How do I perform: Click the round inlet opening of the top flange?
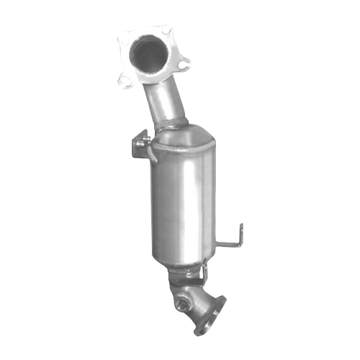[148, 54]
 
